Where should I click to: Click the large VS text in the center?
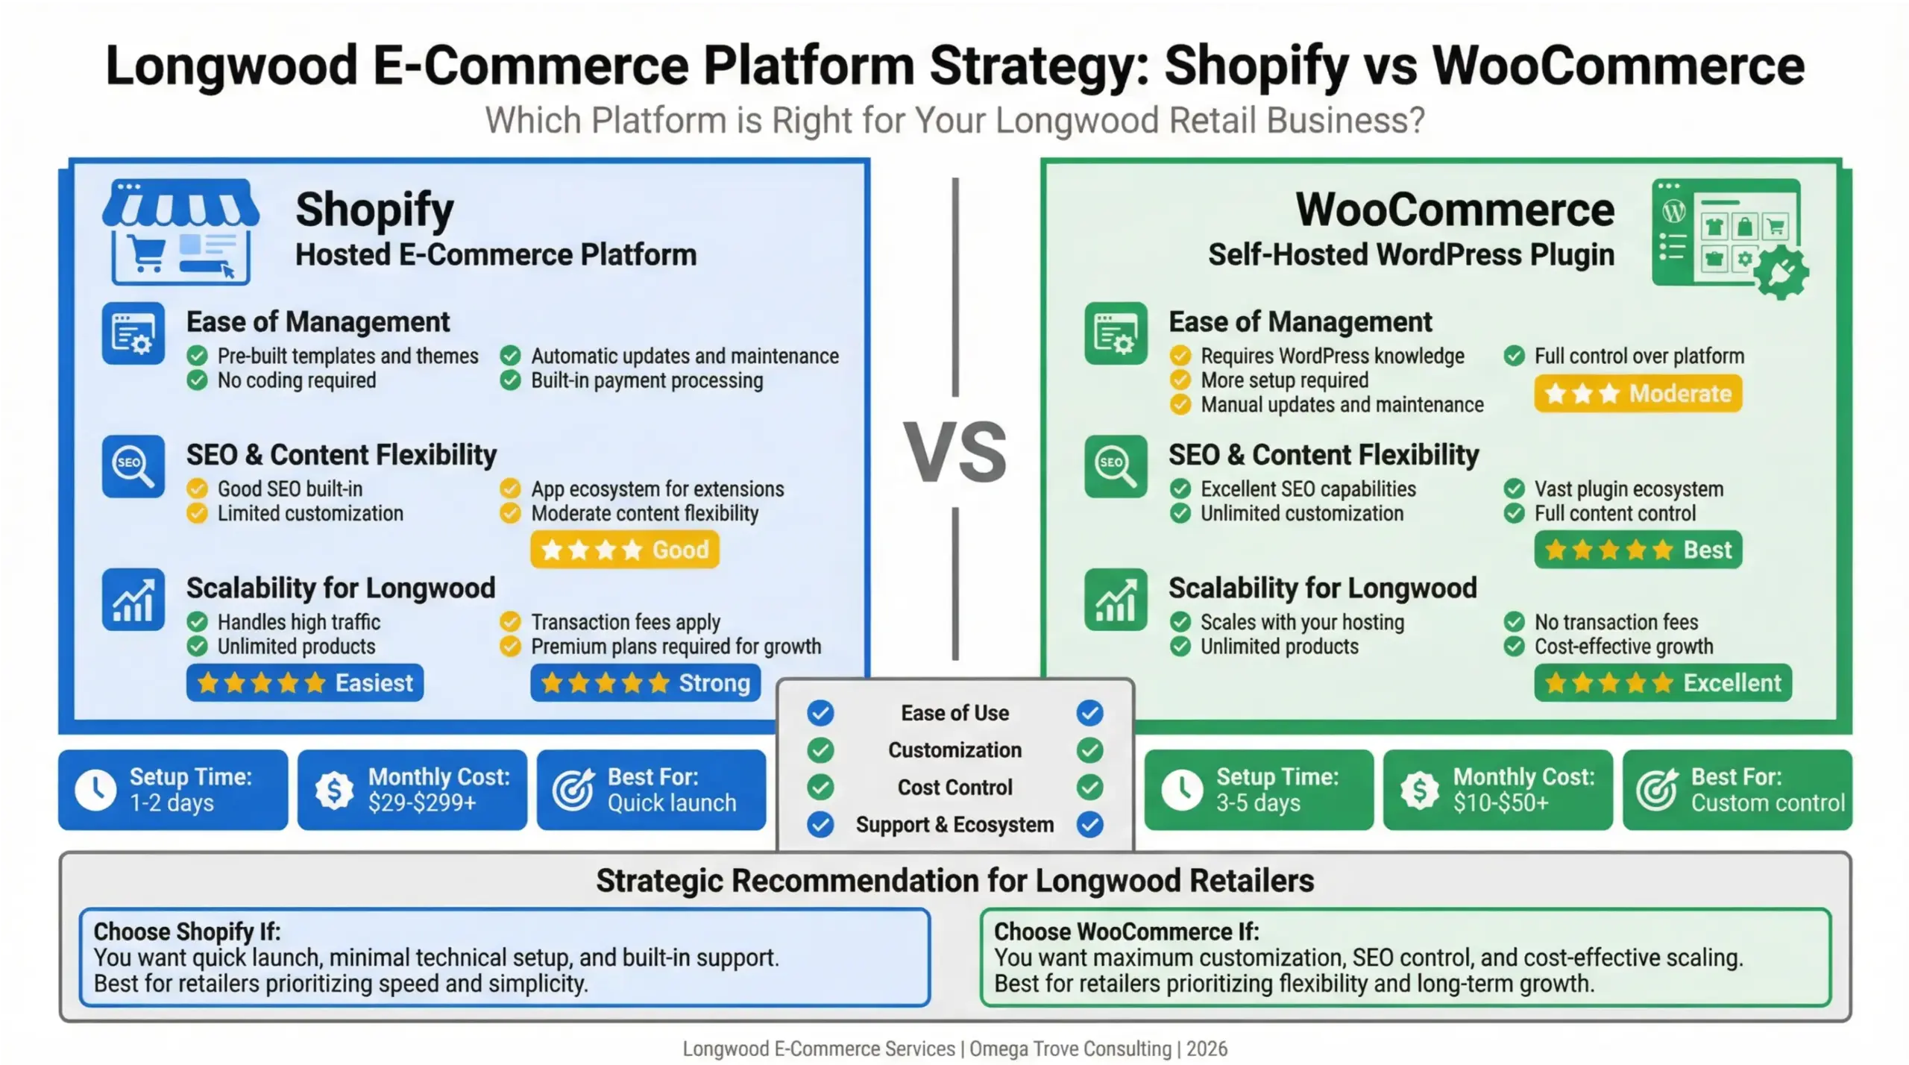click(954, 453)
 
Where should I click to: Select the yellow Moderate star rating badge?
click(1638, 393)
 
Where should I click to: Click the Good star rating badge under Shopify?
click(624, 550)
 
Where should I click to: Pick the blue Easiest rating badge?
click(304, 682)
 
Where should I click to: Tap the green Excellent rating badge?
click(1662, 682)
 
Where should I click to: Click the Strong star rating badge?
click(645, 682)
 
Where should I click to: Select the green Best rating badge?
click(1638, 550)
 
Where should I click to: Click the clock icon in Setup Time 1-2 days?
click(95, 790)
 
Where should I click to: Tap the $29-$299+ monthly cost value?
click(421, 803)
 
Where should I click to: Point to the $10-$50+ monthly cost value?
click(1500, 803)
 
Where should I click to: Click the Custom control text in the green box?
click(1767, 803)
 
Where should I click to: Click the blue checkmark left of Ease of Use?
click(820, 713)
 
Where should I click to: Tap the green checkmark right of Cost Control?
click(1089, 787)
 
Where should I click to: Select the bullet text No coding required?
click(296, 380)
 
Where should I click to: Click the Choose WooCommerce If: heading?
click(1126, 932)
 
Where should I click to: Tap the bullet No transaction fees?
click(1615, 622)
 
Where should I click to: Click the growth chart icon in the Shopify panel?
click(133, 600)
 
